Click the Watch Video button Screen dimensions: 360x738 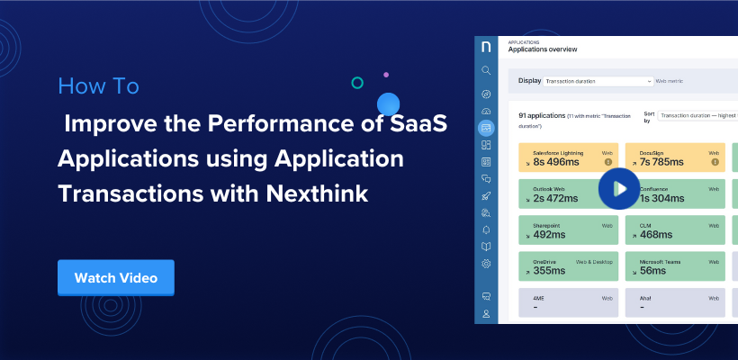115,278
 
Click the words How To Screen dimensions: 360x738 98,86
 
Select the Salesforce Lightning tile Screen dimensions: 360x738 568,157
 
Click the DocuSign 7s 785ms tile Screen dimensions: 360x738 674,157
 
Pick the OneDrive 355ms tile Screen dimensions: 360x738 568,265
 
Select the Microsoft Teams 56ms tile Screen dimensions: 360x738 674,265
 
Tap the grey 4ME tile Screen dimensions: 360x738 568,302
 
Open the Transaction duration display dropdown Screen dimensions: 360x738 598,81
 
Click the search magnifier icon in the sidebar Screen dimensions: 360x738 486,70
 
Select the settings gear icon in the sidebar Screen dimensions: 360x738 486,264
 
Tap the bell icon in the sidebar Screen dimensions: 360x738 486,229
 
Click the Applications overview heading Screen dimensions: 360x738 543,49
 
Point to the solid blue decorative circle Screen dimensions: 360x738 388,103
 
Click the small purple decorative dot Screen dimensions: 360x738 386,75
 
